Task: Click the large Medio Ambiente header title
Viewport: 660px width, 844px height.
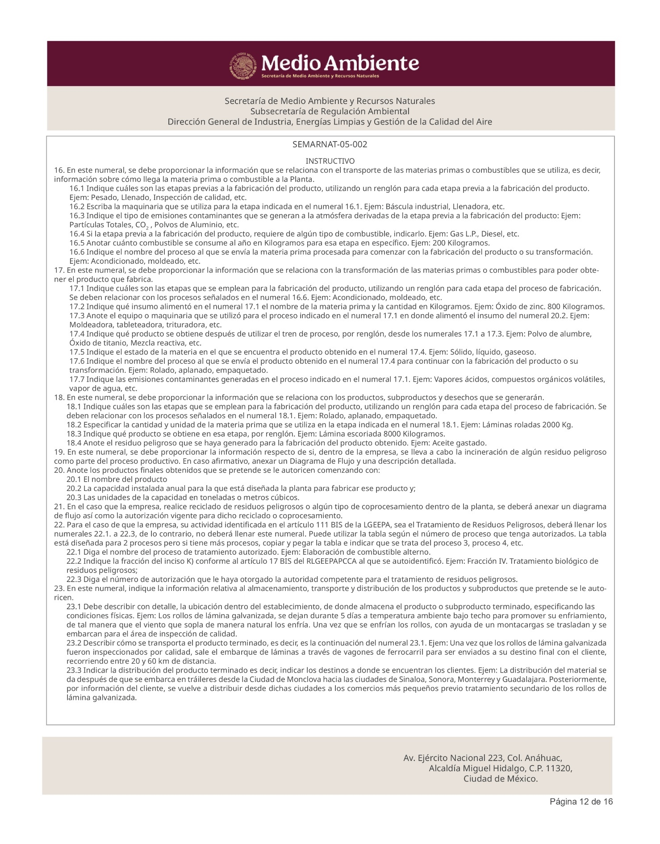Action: click(340, 63)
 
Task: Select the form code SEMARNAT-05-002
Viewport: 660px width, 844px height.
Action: click(330, 145)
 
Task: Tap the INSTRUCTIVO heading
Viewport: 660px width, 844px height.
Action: click(330, 161)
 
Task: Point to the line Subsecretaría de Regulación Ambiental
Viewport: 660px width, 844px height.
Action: click(330, 111)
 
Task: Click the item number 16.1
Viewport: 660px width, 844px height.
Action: click(77, 188)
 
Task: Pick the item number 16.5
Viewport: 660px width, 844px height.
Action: click(77, 243)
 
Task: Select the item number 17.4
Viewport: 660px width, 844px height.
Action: click(77, 334)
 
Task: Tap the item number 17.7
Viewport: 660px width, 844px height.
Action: click(77, 379)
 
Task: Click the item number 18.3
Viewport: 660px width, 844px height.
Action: click(74, 434)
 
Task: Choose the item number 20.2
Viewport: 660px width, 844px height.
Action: click(74, 488)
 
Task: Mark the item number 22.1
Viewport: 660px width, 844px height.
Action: click(74, 552)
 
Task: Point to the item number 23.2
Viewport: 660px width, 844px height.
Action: click(74, 643)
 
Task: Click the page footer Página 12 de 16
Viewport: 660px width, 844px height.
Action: click(581, 802)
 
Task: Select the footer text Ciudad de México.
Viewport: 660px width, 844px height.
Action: click(500, 779)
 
